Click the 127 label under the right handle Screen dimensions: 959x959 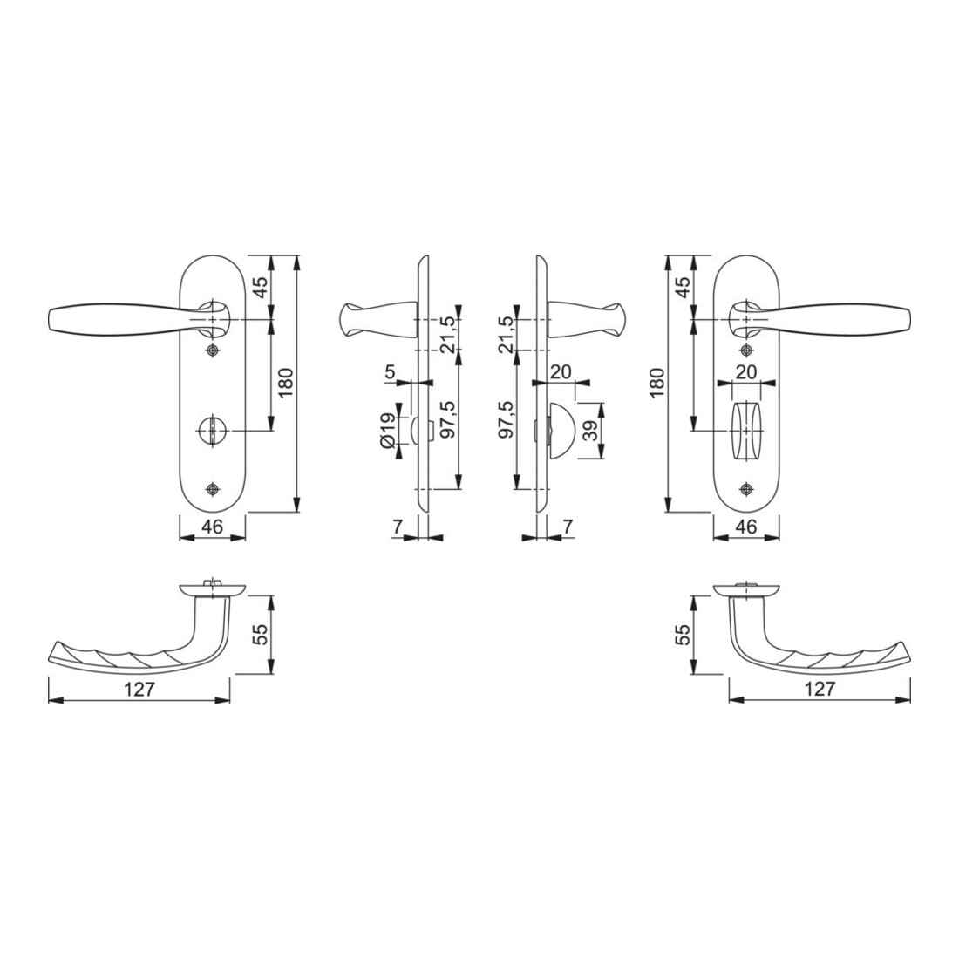pos(820,690)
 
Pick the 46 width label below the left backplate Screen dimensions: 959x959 pos(212,526)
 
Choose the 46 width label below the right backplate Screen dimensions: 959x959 pos(747,526)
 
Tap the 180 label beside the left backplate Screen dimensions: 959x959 pos(288,384)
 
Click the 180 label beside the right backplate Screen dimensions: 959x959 pos(656,384)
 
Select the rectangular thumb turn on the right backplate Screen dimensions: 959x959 pos(746,431)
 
